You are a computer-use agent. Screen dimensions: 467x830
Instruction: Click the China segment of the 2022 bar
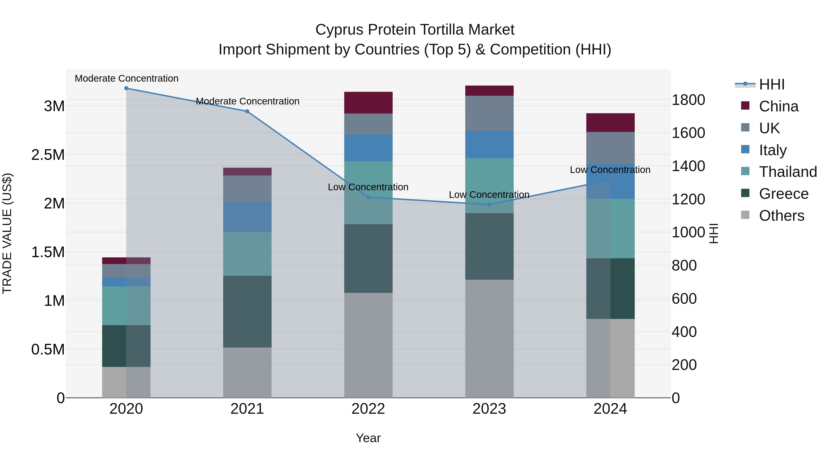coord(368,102)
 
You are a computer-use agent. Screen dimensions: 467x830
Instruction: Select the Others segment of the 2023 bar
coord(489,338)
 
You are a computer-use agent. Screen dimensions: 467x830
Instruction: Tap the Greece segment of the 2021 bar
coord(247,311)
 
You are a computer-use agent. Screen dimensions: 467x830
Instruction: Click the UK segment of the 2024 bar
coord(610,148)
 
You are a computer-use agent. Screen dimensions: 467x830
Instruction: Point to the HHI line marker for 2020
coord(126,88)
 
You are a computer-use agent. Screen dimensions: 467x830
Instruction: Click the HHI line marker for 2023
coord(489,205)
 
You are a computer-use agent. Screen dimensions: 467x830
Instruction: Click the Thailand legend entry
coord(788,172)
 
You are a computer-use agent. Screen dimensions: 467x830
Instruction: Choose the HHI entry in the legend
coord(771,84)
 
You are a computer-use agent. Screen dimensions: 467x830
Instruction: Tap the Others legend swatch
coord(745,215)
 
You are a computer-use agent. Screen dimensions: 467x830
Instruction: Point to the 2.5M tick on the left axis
coord(48,155)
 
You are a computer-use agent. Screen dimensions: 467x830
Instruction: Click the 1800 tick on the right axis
coord(688,100)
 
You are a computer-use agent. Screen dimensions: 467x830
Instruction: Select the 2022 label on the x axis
coord(368,409)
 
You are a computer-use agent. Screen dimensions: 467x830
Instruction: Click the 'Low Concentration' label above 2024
coord(610,170)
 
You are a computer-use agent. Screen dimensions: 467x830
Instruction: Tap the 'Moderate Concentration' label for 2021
coord(247,101)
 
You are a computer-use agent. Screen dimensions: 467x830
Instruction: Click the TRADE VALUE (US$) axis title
coord(7,233)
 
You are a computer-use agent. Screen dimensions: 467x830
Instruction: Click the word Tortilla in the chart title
coord(442,30)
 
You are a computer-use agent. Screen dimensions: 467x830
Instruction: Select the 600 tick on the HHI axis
coord(684,299)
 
